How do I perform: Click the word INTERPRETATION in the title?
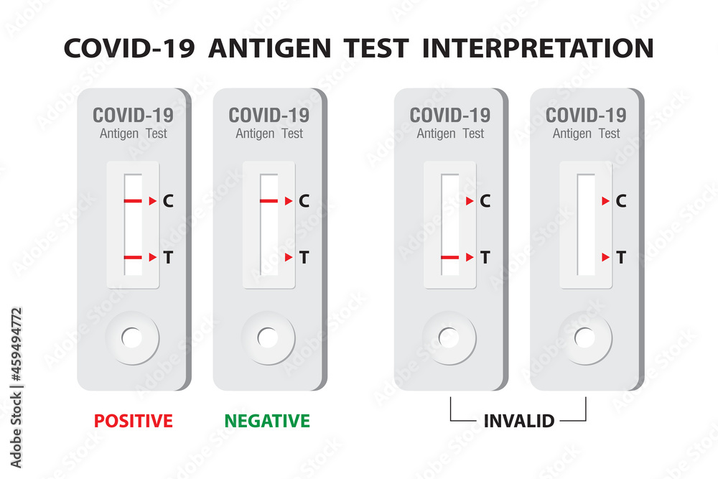(538, 48)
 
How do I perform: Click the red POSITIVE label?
(134, 421)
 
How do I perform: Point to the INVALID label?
(518, 421)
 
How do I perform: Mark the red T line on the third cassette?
(450, 257)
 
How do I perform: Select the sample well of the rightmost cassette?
(585, 338)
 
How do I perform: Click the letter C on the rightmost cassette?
(621, 202)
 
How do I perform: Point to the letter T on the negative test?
(304, 257)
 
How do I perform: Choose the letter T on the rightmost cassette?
(621, 257)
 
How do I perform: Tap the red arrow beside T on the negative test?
(289, 257)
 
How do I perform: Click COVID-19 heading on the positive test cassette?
(133, 115)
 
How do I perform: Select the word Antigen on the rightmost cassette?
(572, 134)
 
